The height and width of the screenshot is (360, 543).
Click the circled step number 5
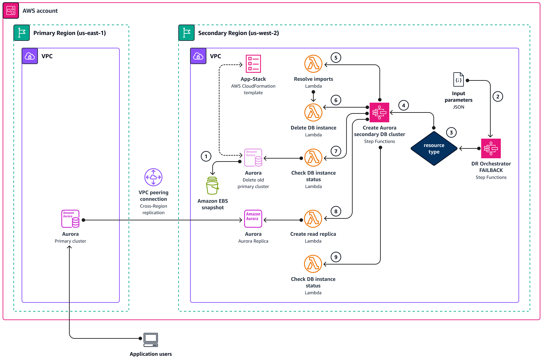tap(336, 58)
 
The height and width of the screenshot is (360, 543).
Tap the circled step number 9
tap(336, 257)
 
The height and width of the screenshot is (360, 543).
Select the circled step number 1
tap(206, 156)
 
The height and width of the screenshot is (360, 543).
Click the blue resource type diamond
tap(434, 148)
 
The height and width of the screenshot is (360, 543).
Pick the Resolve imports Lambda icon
tap(313, 64)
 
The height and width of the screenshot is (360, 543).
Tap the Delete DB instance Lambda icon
tap(313, 112)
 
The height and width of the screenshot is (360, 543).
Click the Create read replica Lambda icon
tap(313, 219)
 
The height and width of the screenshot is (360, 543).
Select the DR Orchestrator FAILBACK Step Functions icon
tap(491, 148)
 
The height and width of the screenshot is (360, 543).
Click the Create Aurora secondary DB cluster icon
tap(379, 112)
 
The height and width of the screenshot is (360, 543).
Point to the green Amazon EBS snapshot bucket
tap(212, 186)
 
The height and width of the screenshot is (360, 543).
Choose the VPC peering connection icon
tap(153, 177)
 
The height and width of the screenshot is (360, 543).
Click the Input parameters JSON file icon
tap(458, 79)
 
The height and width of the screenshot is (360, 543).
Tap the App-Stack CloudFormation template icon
tap(253, 64)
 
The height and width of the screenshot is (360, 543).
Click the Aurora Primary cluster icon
tap(70, 219)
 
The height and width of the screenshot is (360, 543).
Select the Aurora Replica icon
tap(253, 219)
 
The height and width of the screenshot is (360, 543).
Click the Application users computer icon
tap(151, 340)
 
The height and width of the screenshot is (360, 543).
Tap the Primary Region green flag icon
tap(22, 33)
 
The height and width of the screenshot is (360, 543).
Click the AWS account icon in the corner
tap(11, 10)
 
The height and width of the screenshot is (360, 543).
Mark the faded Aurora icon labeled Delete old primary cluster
tap(253, 158)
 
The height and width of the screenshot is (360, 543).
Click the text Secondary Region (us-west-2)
tap(238, 33)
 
